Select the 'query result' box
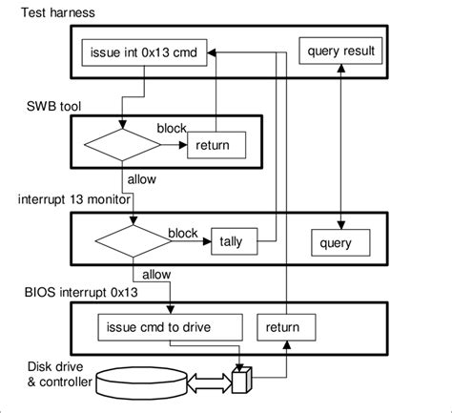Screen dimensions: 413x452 [x=342, y=50]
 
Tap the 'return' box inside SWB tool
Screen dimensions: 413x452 [x=216, y=146]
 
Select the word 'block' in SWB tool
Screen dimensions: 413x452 [x=171, y=126]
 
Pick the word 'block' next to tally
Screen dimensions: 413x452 [x=182, y=232]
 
